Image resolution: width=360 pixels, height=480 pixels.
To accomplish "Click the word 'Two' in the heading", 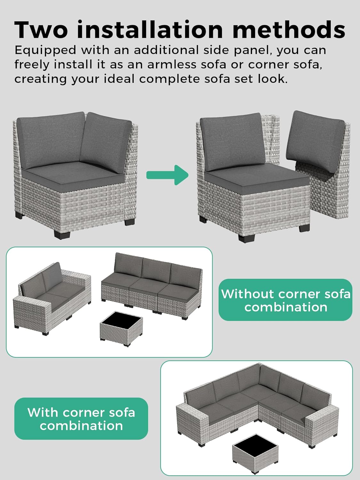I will coord(41,30).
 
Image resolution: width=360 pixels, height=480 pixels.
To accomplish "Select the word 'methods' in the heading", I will coord(289,30).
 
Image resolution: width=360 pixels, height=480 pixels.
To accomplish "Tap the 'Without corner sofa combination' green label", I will coord(285,300).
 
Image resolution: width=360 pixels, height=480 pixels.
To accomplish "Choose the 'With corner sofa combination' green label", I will coord(81,419).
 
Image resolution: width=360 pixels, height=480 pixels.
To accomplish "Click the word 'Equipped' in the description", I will coord(45,51).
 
